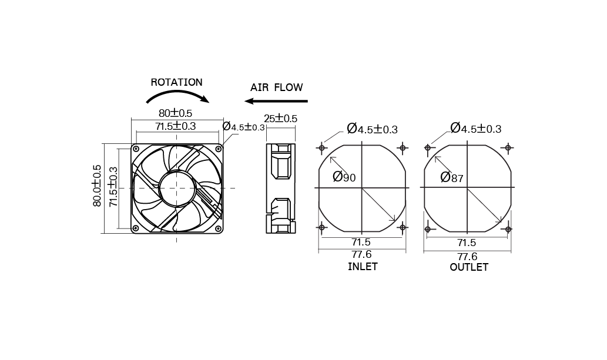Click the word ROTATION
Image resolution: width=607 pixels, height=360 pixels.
(x=176, y=83)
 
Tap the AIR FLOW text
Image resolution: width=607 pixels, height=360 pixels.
(x=276, y=88)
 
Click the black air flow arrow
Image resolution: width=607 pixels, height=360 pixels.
(x=276, y=101)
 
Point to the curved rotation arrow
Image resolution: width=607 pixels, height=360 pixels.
(x=176, y=96)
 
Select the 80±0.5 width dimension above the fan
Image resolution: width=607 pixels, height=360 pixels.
(x=175, y=113)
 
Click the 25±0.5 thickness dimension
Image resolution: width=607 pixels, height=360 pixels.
(x=280, y=119)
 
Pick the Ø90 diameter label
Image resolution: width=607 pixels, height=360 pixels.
(x=344, y=177)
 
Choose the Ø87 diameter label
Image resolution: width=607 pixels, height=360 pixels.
(x=452, y=177)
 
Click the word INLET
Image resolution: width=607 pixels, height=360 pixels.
(x=363, y=267)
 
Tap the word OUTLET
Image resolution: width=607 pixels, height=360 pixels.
(x=469, y=267)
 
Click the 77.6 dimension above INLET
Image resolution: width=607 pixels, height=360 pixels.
(x=361, y=254)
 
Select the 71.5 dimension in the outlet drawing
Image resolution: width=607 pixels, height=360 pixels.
(x=467, y=243)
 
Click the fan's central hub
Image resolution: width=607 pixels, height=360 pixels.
(x=176, y=188)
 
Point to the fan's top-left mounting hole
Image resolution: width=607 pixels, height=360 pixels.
(x=136, y=149)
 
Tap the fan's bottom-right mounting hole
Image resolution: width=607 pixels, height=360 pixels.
(x=218, y=228)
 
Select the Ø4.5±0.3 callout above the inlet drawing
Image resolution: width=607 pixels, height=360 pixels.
(x=372, y=129)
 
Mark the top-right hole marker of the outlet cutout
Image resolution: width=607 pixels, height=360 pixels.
(x=508, y=147)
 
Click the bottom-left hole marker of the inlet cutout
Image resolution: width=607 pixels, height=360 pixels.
(x=321, y=227)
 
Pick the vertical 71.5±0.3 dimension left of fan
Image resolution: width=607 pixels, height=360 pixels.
(x=113, y=186)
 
